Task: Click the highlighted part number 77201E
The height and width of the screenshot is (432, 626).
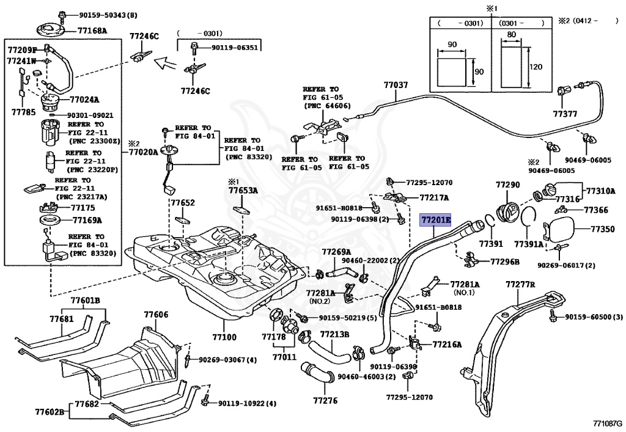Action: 435,219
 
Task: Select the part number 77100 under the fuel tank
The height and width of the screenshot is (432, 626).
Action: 224,337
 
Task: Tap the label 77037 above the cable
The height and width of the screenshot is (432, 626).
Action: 396,86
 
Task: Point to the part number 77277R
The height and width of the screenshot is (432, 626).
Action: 520,284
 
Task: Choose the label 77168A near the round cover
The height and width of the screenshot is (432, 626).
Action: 92,31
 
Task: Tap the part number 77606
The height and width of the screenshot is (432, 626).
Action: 156,315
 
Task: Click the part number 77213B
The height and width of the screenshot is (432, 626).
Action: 334,334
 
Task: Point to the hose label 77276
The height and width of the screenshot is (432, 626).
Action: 325,401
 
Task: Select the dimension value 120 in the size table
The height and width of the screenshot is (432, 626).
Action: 536,67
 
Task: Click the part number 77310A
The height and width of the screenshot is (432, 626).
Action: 601,191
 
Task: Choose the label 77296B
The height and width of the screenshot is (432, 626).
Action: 505,262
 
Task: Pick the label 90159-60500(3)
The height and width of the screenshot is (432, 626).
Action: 594,317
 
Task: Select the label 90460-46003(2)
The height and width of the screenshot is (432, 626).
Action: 367,377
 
